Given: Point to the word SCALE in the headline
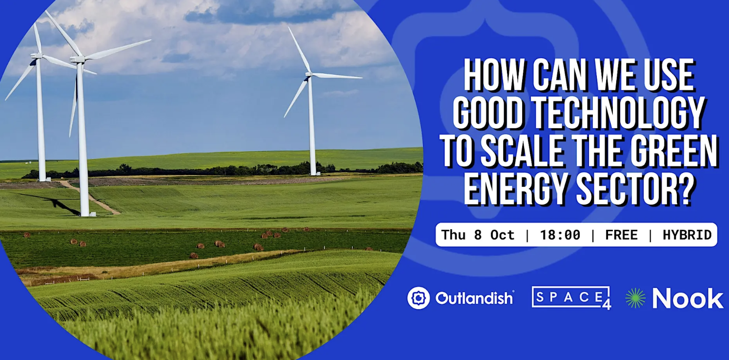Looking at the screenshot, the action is [522, 151].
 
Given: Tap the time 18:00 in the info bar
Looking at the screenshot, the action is [560, 235].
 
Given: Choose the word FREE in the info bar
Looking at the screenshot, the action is [621, 235].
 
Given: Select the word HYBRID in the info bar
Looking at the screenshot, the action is [687, 235].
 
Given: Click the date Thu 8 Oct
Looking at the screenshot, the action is [477, 235].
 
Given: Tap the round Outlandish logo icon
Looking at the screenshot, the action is [419, 298].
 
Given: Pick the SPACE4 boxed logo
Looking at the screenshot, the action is [571, 298].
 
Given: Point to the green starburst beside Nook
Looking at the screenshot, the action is [635, 298].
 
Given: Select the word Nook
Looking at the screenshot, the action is [688, 298].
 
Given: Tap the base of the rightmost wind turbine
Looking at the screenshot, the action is [313, 173].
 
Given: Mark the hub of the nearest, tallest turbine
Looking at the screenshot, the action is [78, 59].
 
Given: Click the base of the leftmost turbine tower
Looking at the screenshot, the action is [43, 179].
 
